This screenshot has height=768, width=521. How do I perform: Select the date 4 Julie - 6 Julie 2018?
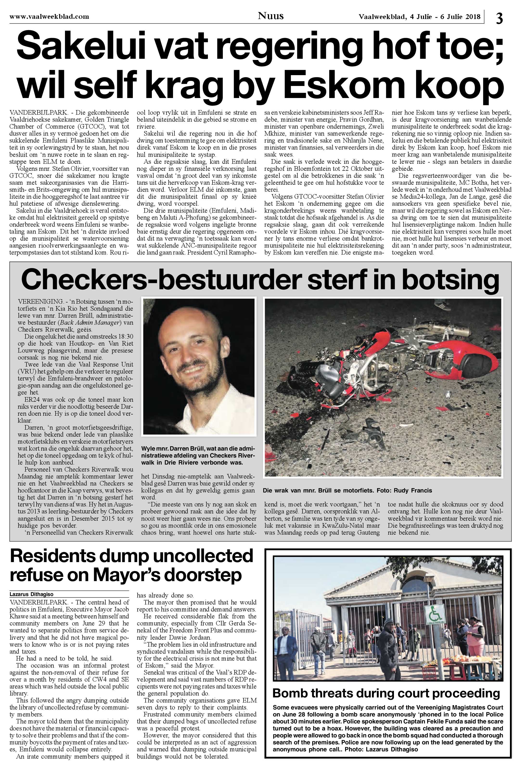[x=420, y=17]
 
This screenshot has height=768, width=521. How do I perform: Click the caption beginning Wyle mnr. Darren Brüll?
[x=198, y=456]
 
